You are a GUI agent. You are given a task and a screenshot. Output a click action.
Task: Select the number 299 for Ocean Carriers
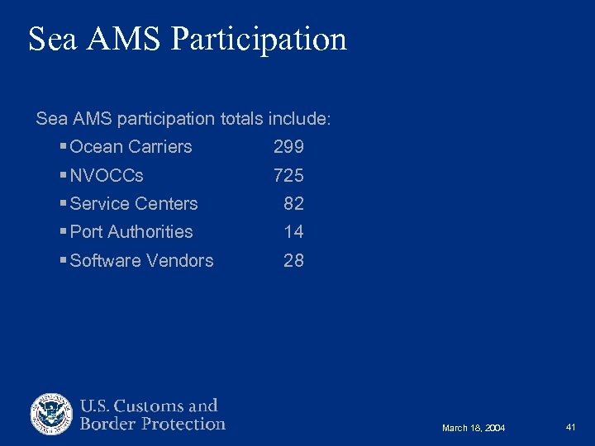pos(288,147)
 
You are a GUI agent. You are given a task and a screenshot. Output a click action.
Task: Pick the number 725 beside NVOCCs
pos(288,175)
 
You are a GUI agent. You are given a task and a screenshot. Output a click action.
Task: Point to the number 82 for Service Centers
pos(293,204)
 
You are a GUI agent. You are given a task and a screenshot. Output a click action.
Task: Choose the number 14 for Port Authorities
pos(293,232)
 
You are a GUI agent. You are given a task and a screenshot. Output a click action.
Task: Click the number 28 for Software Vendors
pos(293,261)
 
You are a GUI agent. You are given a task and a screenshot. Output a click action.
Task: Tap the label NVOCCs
pos(107,175)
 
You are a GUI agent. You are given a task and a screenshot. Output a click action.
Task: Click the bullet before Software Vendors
pos(64,261)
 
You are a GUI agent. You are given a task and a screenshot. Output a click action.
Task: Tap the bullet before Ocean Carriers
pos(64,147)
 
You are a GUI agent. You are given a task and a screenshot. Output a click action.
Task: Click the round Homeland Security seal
pos(52,415)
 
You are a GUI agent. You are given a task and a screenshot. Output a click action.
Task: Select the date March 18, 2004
pos(474,428)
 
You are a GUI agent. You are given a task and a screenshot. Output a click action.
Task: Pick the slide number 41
pos(570,427)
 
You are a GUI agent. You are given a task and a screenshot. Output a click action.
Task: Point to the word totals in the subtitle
pos(243,119)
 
